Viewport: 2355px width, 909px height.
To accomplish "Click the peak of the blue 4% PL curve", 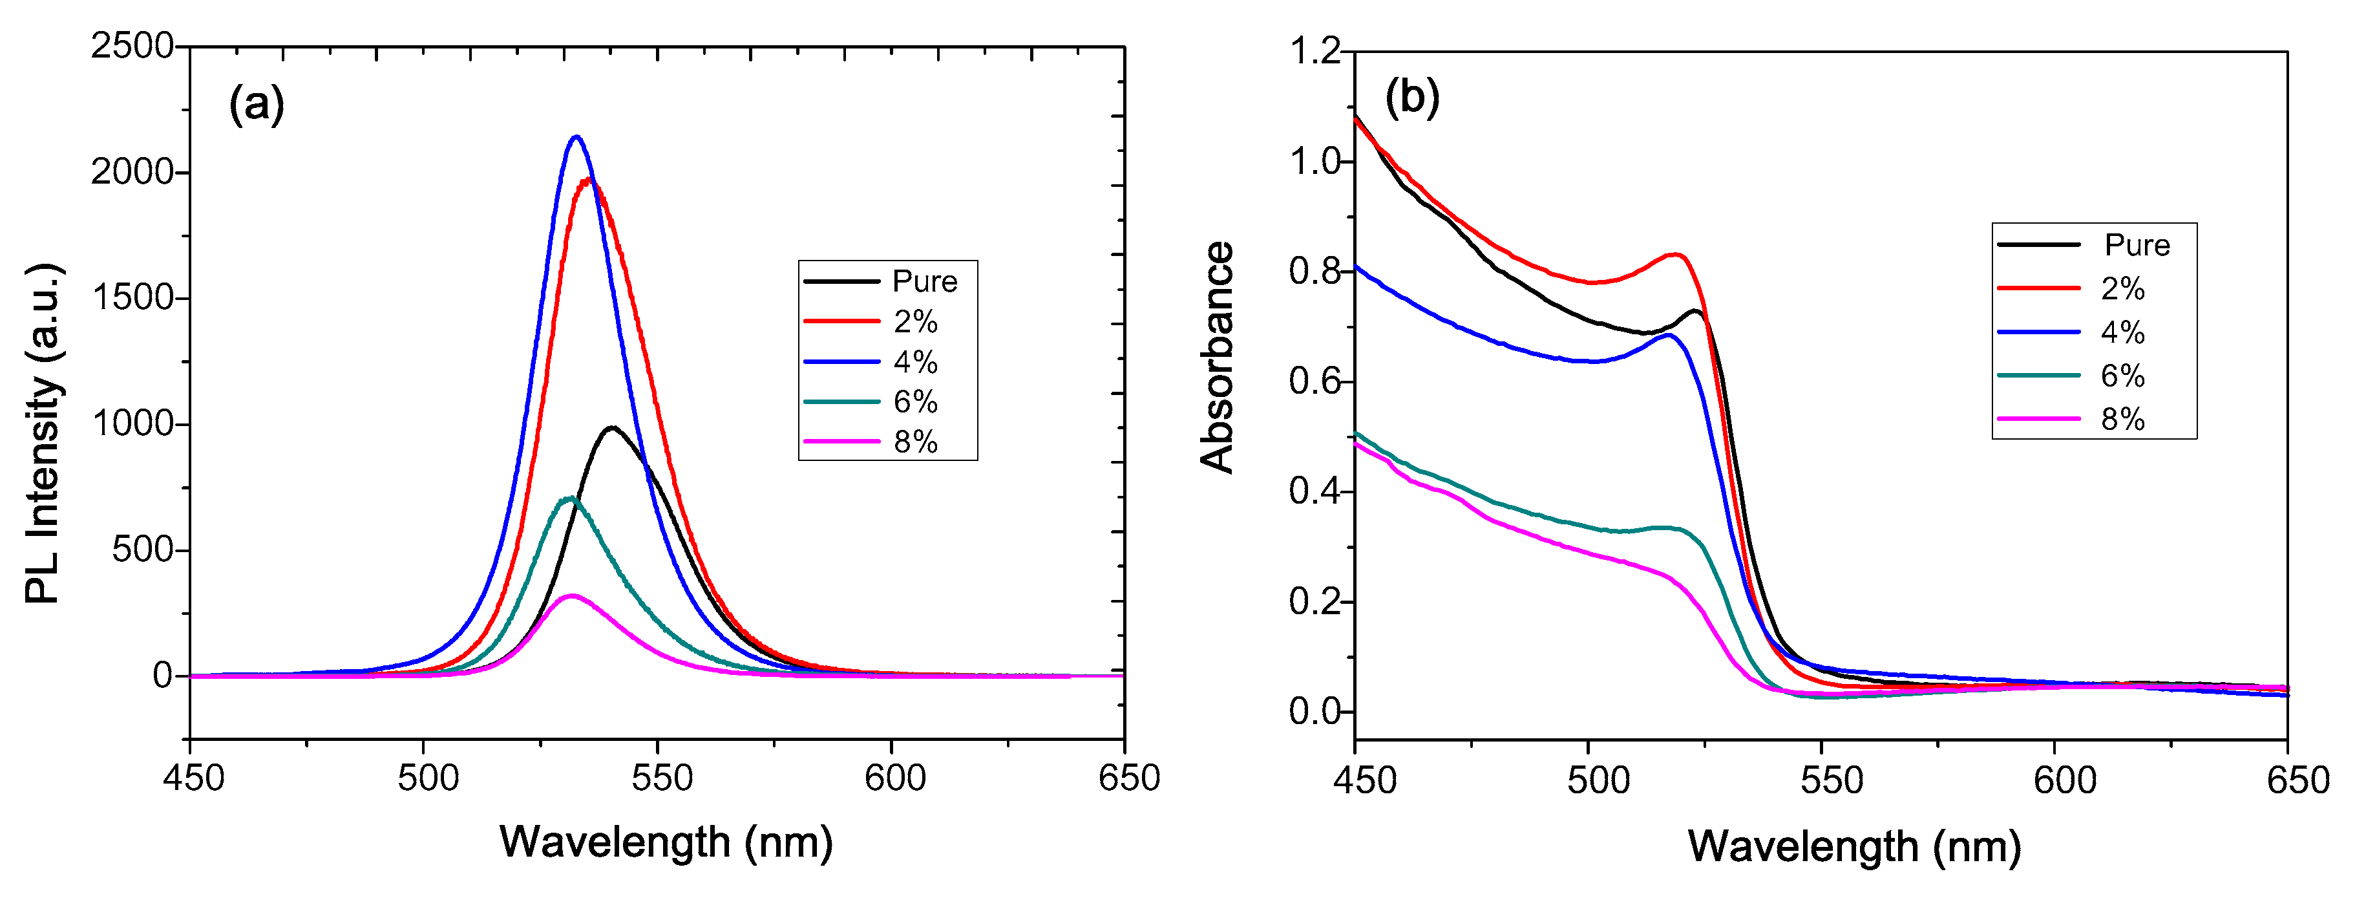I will click(x=576, y=137).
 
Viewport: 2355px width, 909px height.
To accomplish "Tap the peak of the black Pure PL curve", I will click(x=611, y=427).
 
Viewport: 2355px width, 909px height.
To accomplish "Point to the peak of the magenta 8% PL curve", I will click(x=571, y=595).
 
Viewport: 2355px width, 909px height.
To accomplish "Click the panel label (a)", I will click(x=256, y=104).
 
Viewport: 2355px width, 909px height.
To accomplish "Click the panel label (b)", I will click(x=1411, y=97).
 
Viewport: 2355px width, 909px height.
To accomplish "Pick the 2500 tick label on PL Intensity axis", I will click(x=132, y=46).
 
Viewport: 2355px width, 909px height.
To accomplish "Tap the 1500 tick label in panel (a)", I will click(x=132, y=298).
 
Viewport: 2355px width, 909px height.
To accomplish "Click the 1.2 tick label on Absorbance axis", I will click(x=1313, y=51).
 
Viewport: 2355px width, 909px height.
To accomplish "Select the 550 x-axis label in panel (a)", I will click(x=661, y=779).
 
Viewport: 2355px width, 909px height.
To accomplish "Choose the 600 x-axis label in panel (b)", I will click(x=2064, y=781).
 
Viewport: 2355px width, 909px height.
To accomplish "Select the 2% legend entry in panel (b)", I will click(x=2122, y=289).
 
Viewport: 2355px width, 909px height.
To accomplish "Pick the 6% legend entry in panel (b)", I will click(x=2122, y=376).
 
